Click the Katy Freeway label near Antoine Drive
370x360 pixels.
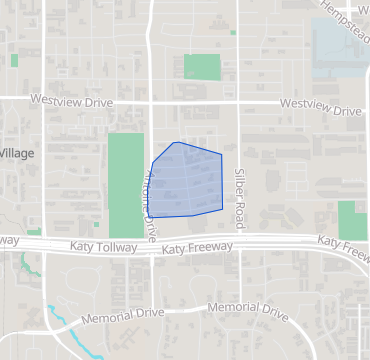pyautogui.click(x=197, y=247)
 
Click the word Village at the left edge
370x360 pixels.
pyautogui.click(x=16, y=153)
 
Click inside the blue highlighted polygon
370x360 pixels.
pyautogui.click(x=188, y=180)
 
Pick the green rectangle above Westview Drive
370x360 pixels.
pyautogui.click(x=202, y=67)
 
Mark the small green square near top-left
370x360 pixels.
pyautogui.click(x=14, y=60)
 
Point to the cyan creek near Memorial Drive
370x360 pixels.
pyautogui.click(x=67, y=330)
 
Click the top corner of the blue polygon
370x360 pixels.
pyautogui.click(x=176, y=142)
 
